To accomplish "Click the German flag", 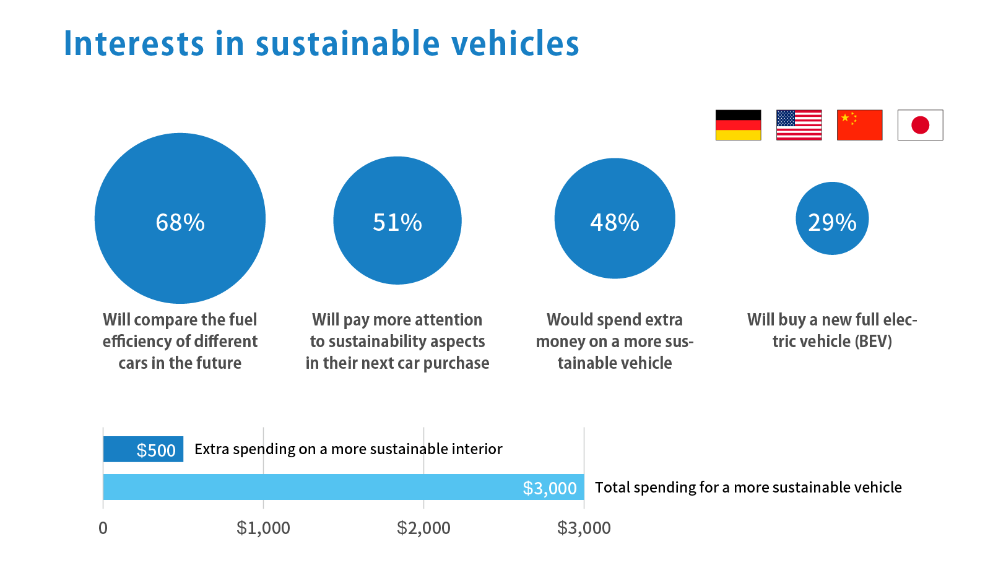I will (x=738, y=125).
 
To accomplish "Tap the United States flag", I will (x=799, y=125).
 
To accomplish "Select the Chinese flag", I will (x=859, y=125).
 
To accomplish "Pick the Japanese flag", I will (x=920, y=125).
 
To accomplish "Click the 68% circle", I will (x=180, y=218).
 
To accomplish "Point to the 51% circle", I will (x=397, y=220).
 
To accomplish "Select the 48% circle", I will (x=615, y=218).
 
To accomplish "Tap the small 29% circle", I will (x=832, y=218).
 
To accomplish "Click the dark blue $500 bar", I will (x=143, y=449).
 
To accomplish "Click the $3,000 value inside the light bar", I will (x=550, y=488).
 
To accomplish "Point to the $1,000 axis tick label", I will (x=263, y=528).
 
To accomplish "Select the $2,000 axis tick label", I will (x=423, y=528).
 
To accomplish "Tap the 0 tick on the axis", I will (x=103, y=528).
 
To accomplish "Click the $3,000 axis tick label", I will (x=584, y=528).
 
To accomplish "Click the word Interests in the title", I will (x=134, y=44).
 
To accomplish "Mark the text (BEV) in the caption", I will (x=873, y=342).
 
